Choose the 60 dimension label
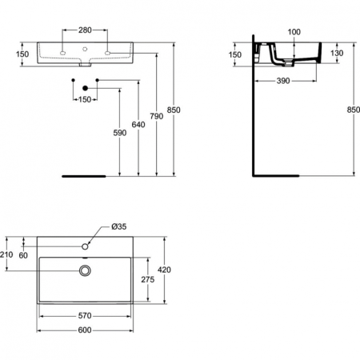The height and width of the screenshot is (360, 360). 23,254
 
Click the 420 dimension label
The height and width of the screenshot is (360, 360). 165,270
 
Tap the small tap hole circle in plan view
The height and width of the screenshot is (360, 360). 85,243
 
